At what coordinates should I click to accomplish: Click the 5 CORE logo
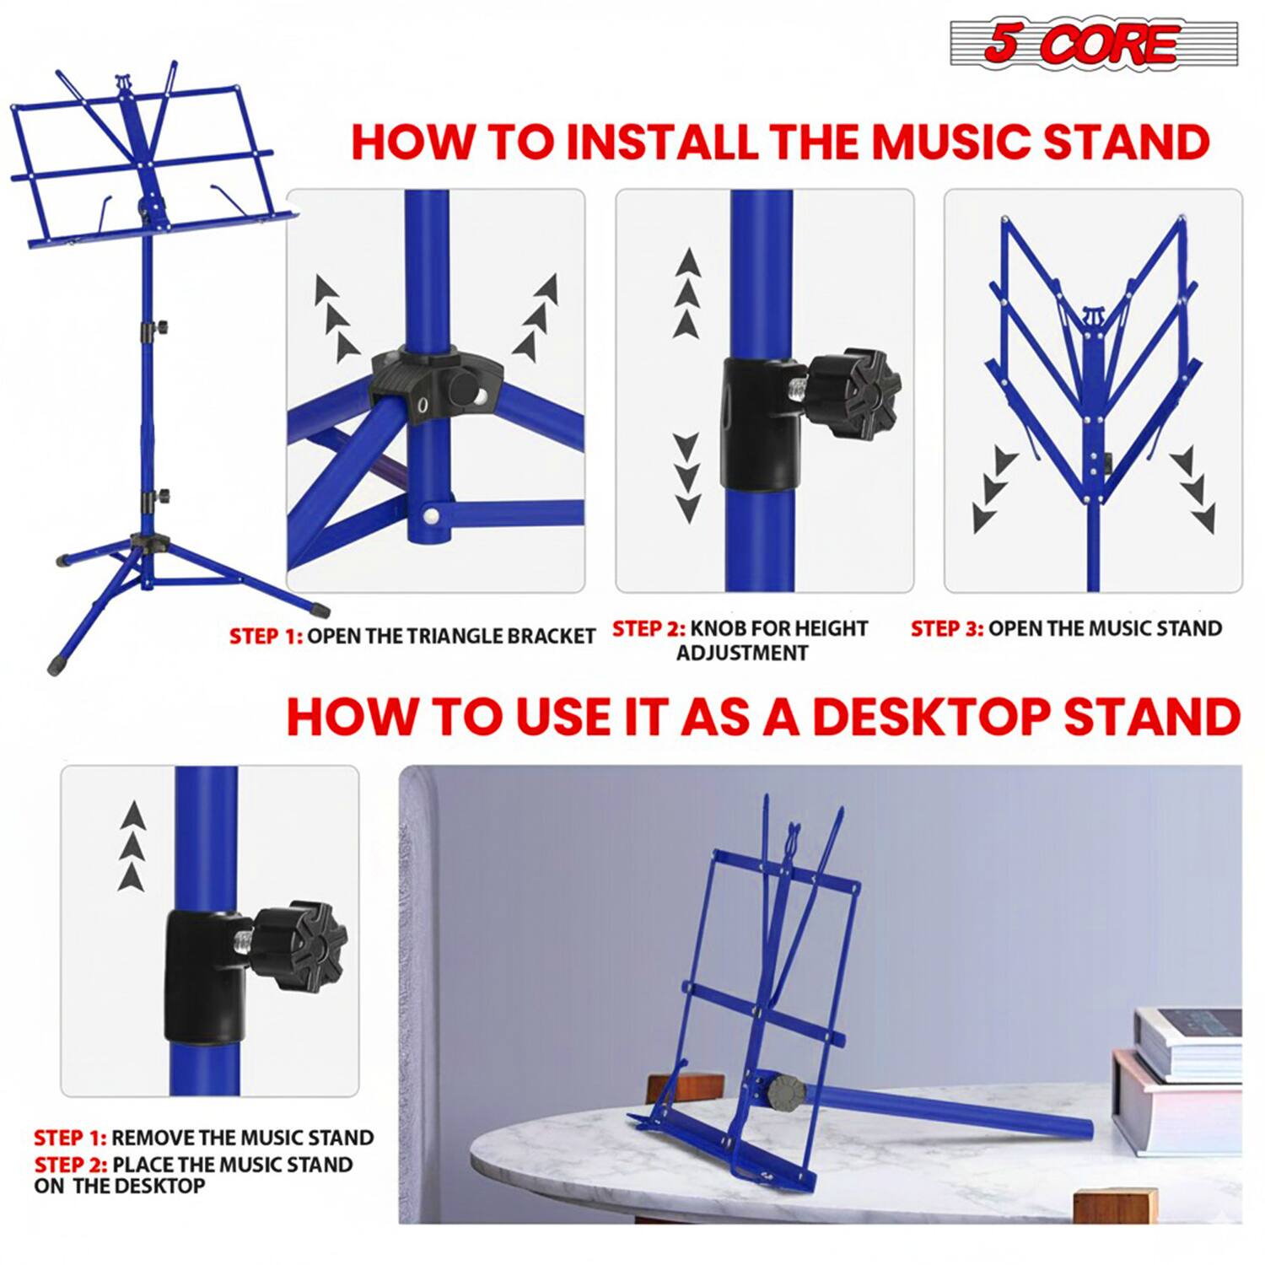[x=1093, y=43]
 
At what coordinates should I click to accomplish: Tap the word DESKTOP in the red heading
[x=931, y=717]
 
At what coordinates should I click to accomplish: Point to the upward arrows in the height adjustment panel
[x=688, y=293]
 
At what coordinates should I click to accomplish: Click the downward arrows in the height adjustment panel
[x=687, y=477]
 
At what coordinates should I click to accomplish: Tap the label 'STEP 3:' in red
[x=946, y=629]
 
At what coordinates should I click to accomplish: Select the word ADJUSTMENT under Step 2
[x=742, y=654]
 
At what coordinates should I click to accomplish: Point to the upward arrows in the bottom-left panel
[x=132, y=846]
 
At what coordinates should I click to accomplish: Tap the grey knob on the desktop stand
[x=783, y=1091]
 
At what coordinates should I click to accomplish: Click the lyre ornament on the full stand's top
[x=124, y=83]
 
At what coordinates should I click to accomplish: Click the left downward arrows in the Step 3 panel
[x=993, y=489]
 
